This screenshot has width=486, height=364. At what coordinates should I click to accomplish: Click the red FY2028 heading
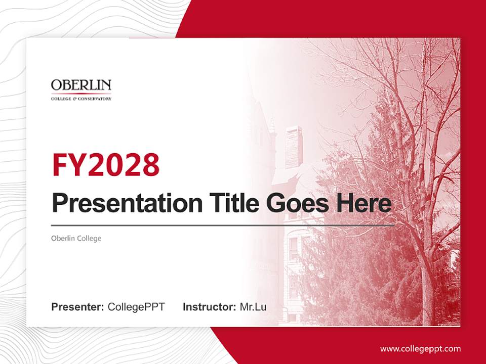pyautogui.click(x=105, y=164)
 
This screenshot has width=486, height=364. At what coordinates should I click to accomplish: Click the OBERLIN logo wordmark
pyautogui.click(x=81, y=85)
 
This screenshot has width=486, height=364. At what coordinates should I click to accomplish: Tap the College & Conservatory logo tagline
pyautogui.click(x=81, y=99)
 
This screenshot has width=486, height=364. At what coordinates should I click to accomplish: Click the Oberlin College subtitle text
pyautogui.click(x=76, y=238)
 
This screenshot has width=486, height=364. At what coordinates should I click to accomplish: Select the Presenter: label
pyautogui.click(x=77, y=307)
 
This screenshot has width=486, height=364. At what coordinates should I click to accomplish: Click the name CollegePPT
pyautogui.click(x=136, y=307)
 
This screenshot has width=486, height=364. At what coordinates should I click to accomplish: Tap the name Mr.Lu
pyautogui.click(x=253, y=307)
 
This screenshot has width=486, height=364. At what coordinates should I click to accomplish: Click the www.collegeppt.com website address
pyautogui.click(x=420, y=349)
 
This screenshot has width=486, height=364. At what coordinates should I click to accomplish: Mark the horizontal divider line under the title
pyautogui.click(x=223, y=225)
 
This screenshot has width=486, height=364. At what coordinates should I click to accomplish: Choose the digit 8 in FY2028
pyautogui.click(x=150, y=164)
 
